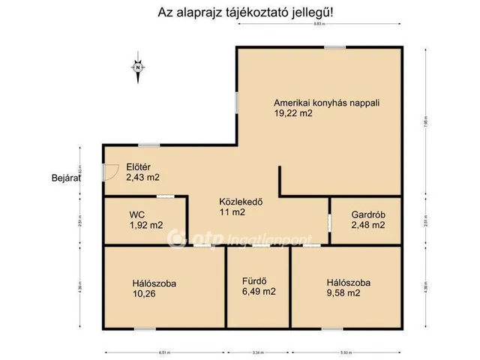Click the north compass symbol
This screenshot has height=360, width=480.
pos(139,67)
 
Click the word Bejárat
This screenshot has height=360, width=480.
pos(65,178)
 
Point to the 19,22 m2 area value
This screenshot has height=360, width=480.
pos(293,114)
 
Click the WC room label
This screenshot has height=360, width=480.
pos(136,214)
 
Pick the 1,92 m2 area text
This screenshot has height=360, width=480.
pos(145,225)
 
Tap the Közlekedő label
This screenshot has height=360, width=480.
pos(240,201)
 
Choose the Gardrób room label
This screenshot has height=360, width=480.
pos(369,214)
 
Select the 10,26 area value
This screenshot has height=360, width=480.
pos(145,295)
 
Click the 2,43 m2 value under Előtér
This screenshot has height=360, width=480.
pos(142,178)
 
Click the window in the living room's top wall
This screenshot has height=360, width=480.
pos(334,47)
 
